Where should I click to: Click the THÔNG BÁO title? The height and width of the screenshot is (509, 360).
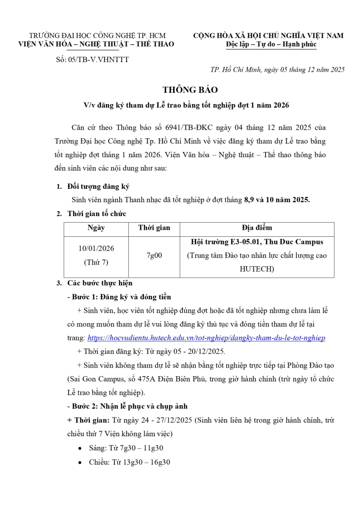(x=190, y=90)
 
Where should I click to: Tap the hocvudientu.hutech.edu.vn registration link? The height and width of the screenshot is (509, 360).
(x=206, y=337)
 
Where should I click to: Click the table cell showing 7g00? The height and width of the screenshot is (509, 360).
(x=154, y=256)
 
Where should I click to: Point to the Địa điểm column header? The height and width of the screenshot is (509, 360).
(x=256, y=228)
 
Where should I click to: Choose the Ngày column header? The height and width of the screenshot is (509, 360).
(x=96, y=228)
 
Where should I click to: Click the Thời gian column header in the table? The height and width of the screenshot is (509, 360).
(x=154, y=228)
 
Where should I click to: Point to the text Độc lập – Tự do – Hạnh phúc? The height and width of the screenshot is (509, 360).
(x=271, y=44)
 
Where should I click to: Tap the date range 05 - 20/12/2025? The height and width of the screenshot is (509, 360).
(x=198, y=351)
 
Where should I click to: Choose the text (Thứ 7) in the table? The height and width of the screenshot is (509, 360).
(x=96, y=262)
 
